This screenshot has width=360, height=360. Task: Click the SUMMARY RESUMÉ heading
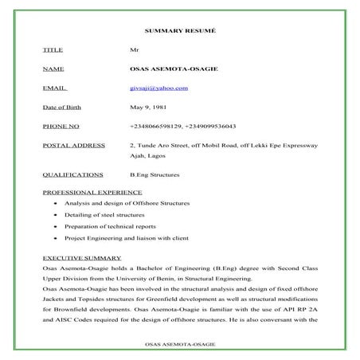(179, 29)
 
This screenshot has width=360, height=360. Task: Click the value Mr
(134, 49)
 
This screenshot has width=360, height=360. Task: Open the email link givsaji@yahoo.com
(158, 88)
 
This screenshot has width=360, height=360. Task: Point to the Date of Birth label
(62, 107)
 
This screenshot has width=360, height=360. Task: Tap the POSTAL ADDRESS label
(74, 146)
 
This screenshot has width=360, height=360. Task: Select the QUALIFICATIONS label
(72, 174)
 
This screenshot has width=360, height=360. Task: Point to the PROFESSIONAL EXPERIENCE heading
(92, 192)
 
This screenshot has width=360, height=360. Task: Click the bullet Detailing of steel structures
(104, 215)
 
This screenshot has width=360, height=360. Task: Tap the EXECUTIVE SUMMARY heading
(82, 258)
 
